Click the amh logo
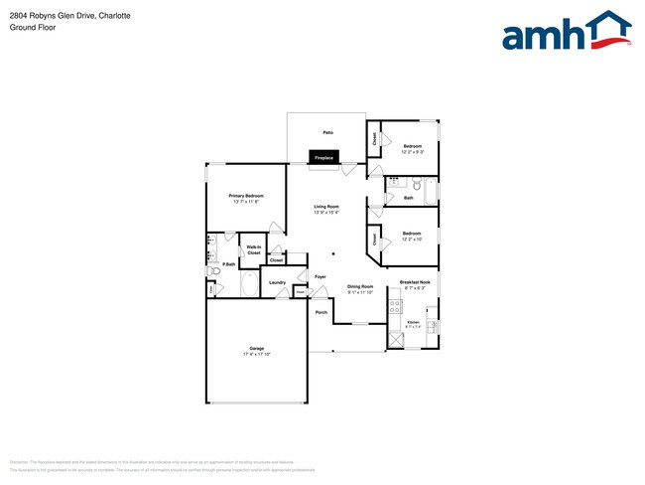point(567,32)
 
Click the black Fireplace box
point(323,157)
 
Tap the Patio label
point(327,132)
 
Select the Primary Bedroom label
point(246,196)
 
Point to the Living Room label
point(326,207)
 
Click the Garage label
point(257,348)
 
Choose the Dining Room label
point(360,287)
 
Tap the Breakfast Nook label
point(415,282)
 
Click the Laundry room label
point(278,282)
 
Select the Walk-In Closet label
point(254,250)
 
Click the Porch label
point(321,312)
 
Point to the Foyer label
point(321,276)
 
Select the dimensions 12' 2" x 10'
point(412,240)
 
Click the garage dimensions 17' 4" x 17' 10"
point(257,354)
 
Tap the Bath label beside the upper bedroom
point(408,198)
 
